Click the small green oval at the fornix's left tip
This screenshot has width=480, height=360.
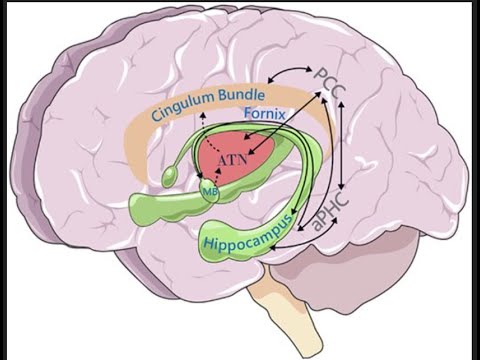169,176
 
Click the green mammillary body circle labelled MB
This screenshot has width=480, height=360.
210,190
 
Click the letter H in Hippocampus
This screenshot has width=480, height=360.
207,246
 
